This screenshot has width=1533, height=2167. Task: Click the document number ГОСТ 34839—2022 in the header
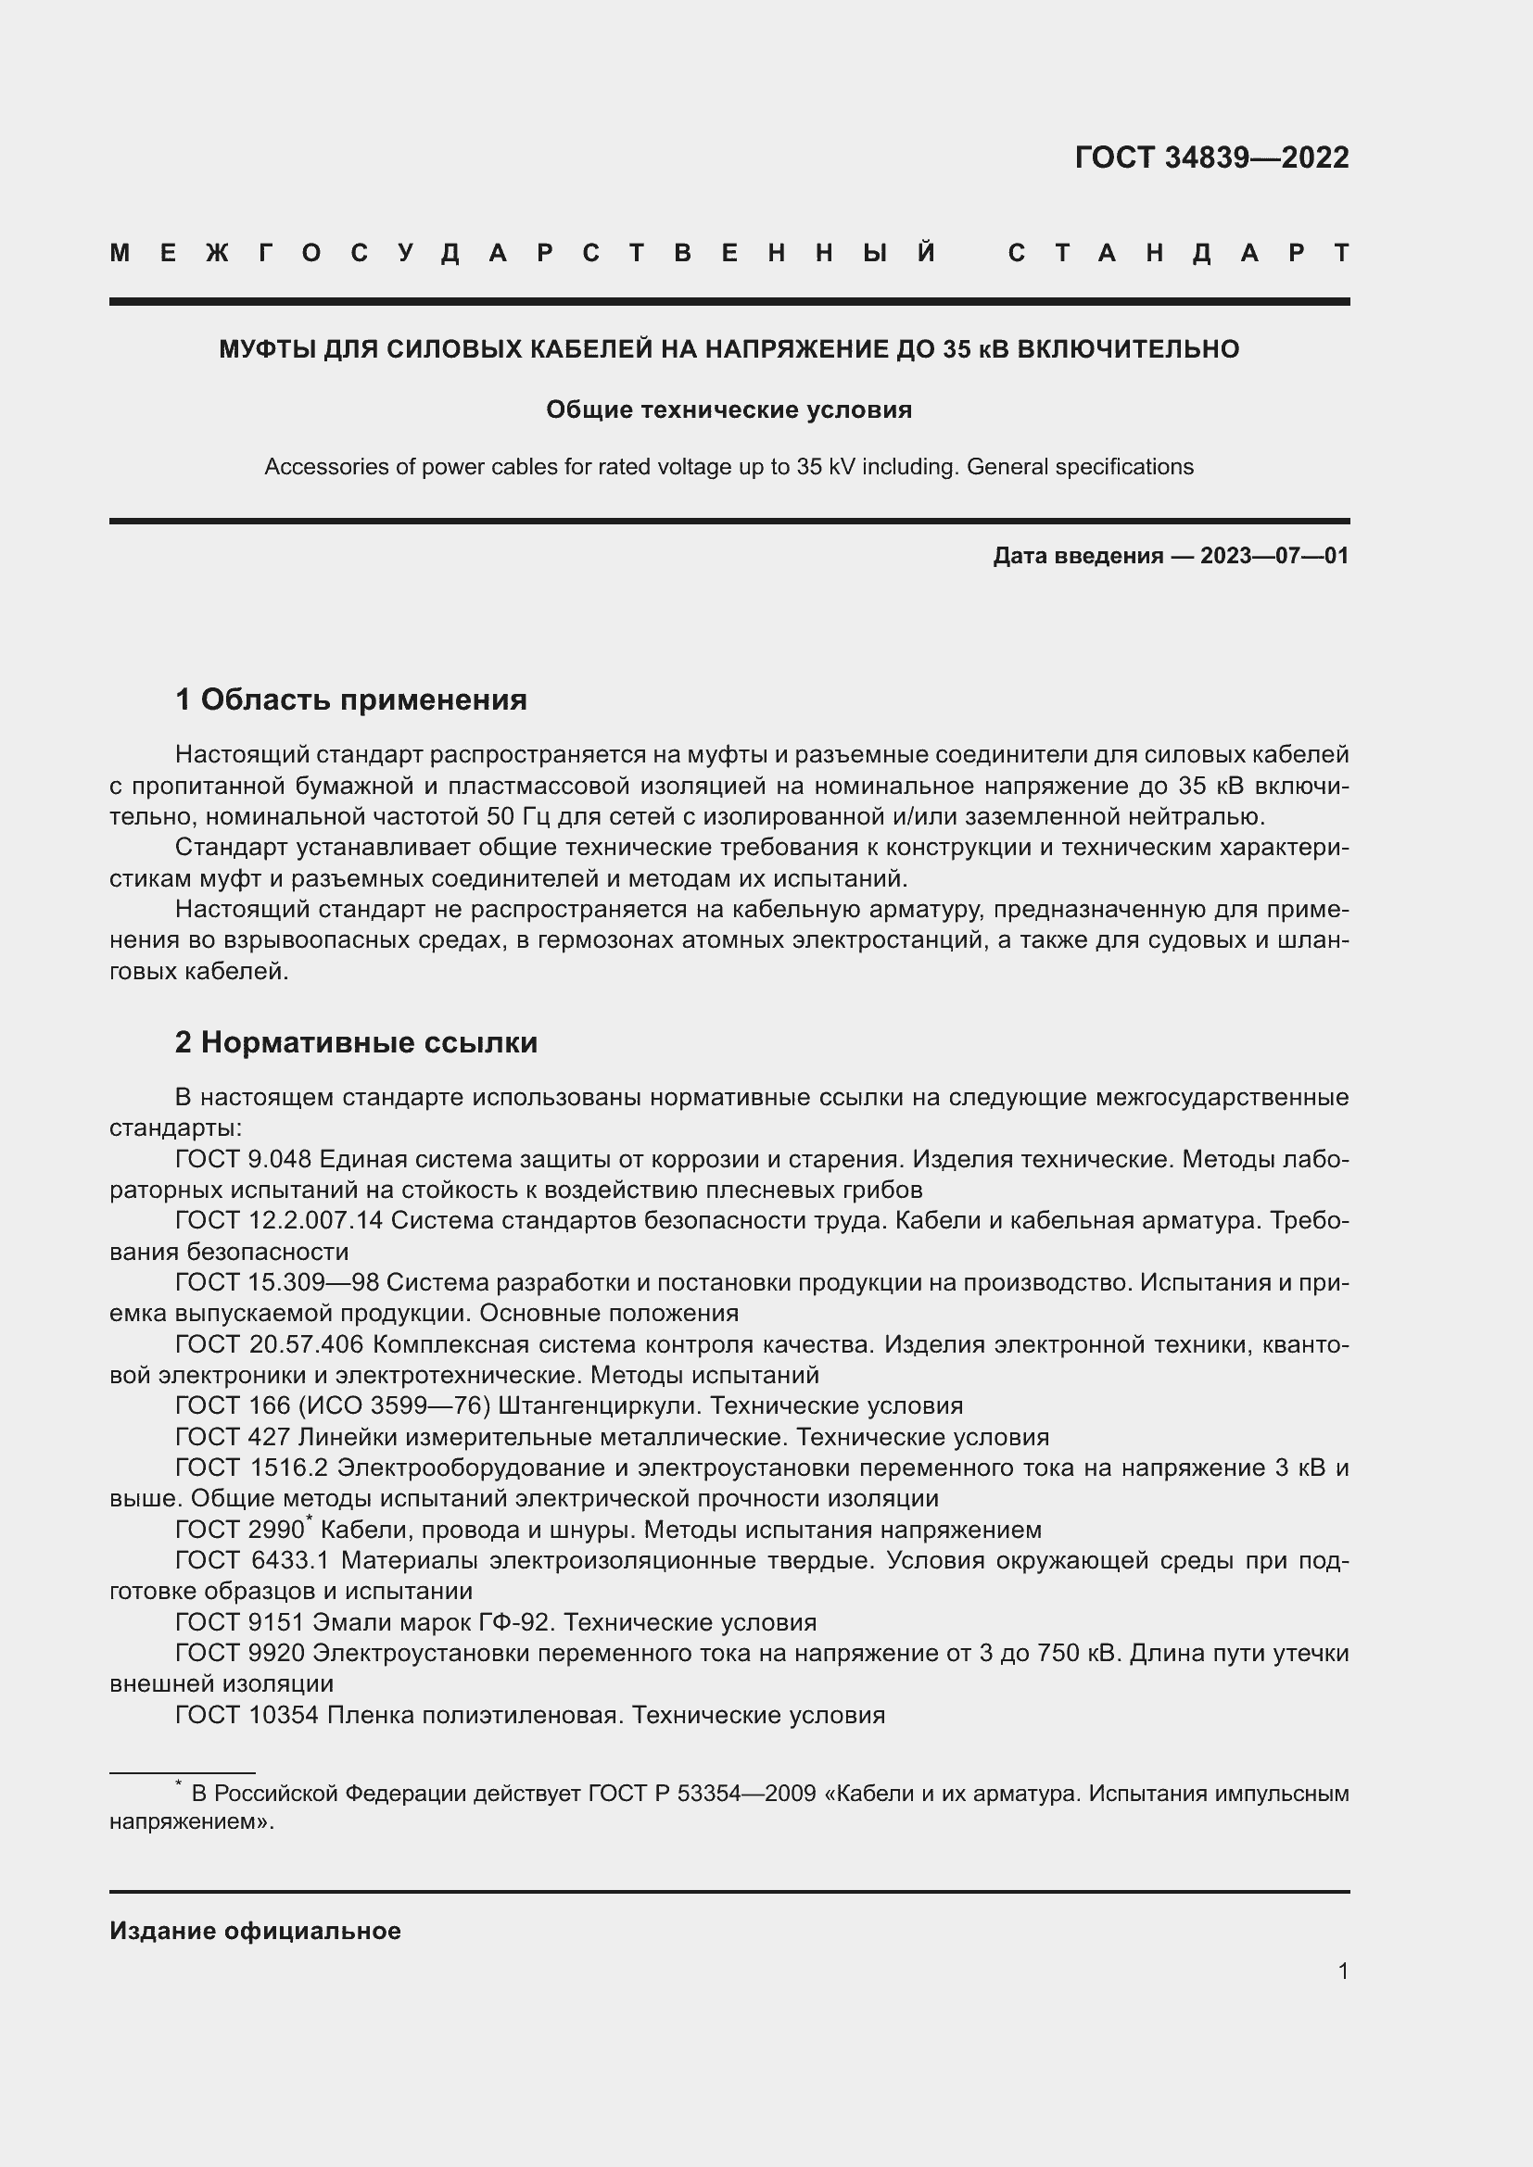(1211, 157)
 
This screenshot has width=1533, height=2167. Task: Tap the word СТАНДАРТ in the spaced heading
(1178, 253)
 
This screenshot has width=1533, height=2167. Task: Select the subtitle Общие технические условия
(728, 409)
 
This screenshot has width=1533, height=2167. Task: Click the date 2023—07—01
(1274, 556)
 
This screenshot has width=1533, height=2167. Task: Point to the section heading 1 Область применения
(351, 699)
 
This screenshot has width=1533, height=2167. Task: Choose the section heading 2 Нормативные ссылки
(356, 1042)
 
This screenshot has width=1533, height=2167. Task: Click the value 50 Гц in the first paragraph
(519, 816)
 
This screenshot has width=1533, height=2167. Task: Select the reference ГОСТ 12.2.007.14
(278, 1220)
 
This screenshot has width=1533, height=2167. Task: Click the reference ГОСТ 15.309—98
(276, 1282)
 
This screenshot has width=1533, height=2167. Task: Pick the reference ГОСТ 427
(234, 1437)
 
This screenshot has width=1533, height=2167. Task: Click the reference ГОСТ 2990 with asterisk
(241, 1529)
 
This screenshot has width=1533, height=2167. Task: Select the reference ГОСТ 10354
(247, 1714)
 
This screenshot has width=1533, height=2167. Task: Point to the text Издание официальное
(255, 1931)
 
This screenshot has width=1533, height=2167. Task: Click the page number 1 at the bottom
(1342, 1971)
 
